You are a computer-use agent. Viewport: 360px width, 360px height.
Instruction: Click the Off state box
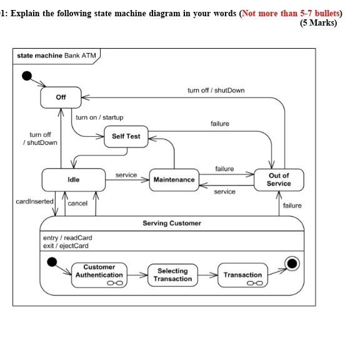click(x=61, y=97)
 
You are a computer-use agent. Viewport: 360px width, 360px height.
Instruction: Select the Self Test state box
click(x=126, y=136)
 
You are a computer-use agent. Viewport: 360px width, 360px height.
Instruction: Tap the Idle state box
click(x=73, y=180)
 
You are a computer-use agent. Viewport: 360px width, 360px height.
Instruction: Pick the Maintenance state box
click(x=174, y=180)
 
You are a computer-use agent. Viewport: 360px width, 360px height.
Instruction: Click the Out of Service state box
click(x=278, y=180)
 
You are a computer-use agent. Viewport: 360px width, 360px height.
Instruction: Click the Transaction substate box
click(x=242, y=275)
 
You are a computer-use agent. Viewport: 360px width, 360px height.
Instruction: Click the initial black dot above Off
click(x=27, y=76)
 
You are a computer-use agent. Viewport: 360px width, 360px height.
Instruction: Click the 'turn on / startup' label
click(x=99, y=117)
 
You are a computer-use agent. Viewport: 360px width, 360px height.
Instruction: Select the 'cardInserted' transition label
click(x=34, y=202)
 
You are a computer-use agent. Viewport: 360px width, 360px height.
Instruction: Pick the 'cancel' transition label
click(x=77, y=204)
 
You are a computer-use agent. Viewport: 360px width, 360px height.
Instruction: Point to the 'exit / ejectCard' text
click(x=66, y=246)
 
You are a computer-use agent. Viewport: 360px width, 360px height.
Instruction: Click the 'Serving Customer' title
click(x=171, y=223)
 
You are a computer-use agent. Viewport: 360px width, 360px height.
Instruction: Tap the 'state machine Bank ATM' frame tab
click(x=54, y=56)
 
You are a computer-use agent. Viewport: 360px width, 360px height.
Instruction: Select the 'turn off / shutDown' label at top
click(x=216, y=91)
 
